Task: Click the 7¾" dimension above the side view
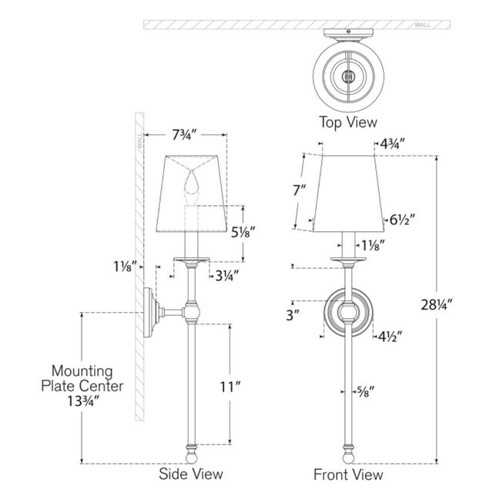pyautogui.click(x=184, y=136)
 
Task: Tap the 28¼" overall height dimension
pyautogui.click(x=436, y=304)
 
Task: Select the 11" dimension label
pyautogui.click(x=230, y=387)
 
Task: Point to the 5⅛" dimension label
pyautogui.click(x=243, y=233)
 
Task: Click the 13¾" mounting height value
pyautogui.click(x=83, y=401)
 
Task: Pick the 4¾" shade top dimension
pyautogui.click(x=392, y=144)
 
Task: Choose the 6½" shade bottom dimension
pyautogui.click(x=402, y=220)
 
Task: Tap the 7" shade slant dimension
pyautogui.click(x=299, y=190)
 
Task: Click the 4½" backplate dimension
pyautogui.click(x=390, y=337)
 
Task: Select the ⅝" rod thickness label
pyautogui.click(x=365, y=392)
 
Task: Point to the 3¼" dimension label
pyautogui.click(x=226, y=276)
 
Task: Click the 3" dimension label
pyautogui.click(x=292, y=315)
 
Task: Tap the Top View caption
pyautogui.click(x=348, y=122)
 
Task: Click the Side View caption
pyautogui.click(x=191, y=474)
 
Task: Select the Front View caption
pyautogui.click(x=348, y=475)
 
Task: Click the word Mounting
pyautogui.click(x=82, y=371)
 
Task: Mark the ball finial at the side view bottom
pyautogui.click(x=191, y=458)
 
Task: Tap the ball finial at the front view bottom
pyautogui.click(x=348, y=458)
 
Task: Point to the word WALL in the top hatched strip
pyautogui.click(x=423, y=25)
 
